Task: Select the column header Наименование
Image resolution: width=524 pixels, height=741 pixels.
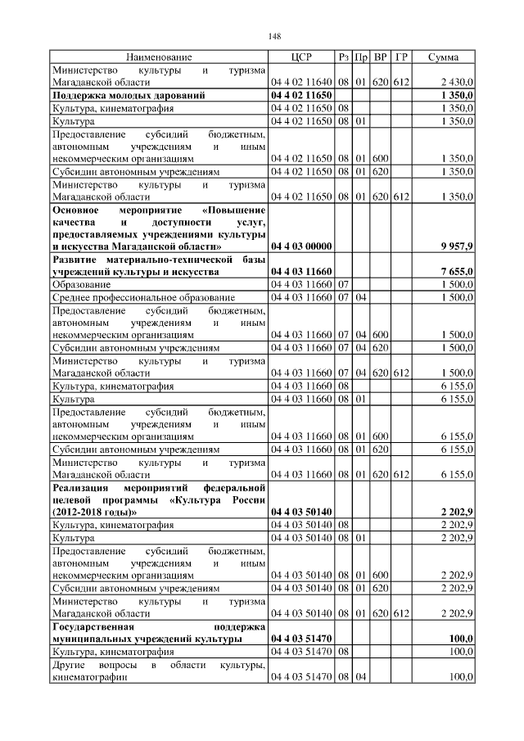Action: pyautogui.click(x=159, y=57)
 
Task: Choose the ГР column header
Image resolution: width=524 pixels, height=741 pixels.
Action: pyautogui.click(x=401, y=57)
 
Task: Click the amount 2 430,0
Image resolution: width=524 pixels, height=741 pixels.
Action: pyautogui.click(x=456, y=83)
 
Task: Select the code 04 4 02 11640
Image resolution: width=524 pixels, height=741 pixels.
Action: pyautogui.click(x=300, y=83)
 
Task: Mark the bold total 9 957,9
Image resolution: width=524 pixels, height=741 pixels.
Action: pyautogui.click(x=456, y=246)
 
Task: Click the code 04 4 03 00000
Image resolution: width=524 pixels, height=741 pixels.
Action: pyautogui.click(x=300, y=246)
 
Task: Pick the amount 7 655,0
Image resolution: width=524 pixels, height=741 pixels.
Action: pyautogui.click(x=456, y=271)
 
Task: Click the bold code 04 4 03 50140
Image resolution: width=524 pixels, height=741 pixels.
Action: pyautogui.click(x=300, y=513)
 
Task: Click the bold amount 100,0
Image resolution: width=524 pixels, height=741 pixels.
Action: pyautogui.click(x=461, y=638)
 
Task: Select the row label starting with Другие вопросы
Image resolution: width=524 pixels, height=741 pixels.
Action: pyautogui.click(x=159, y=670)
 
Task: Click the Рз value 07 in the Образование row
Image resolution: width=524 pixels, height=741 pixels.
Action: pyautogui.click(x=343, y=283)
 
